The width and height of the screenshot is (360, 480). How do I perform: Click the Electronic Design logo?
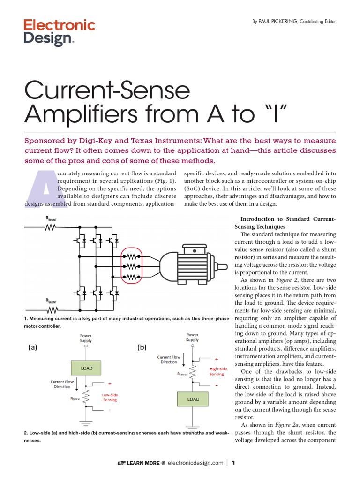tap(59, 32)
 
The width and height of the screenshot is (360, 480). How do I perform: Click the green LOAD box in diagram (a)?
tap(86, 368)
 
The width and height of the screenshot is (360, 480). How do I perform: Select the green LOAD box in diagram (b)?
tap(193, 399)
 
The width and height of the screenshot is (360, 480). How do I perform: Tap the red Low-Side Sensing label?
tap(109, 397)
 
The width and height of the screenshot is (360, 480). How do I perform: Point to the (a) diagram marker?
tap(32, 347)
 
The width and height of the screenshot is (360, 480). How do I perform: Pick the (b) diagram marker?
tap(142, 347)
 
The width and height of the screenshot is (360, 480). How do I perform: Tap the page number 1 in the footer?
tap(233, 463)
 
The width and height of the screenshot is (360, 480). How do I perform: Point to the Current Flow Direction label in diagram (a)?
tap(61, 384)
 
